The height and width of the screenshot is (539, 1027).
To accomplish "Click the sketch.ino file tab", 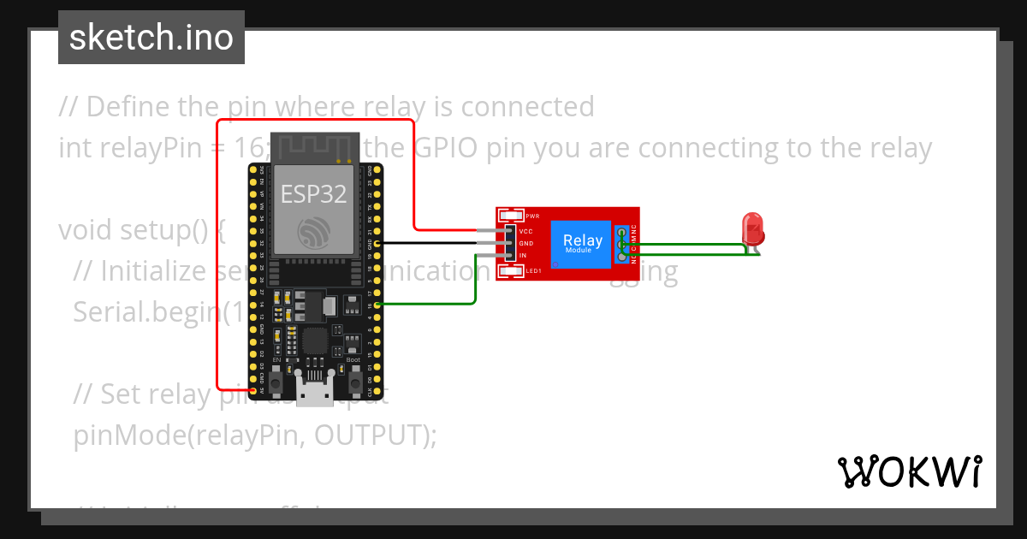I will [x=151, y=38].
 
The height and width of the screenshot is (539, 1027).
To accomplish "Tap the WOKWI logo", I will [x=908, y=471].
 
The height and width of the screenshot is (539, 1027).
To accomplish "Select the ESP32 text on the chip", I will [x=313, y=194].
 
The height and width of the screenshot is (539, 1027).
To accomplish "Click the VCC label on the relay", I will [x=526, y=231].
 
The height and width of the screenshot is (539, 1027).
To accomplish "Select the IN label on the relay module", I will [x=523, y=256].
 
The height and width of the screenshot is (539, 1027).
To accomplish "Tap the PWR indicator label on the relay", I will [x=532, y=216].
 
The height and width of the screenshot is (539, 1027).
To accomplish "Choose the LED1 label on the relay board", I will [x=534, y=271].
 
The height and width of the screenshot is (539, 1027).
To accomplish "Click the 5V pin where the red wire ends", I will [x=253, y=389].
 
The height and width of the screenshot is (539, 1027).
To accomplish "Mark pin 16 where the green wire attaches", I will [x=377, y=304].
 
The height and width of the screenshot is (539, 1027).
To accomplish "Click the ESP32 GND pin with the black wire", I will [x=377, y=244].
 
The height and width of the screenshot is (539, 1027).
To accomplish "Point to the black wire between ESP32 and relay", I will [x=436, y=243].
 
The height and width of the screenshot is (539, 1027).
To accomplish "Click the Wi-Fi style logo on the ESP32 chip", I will [x=312, y=232].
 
